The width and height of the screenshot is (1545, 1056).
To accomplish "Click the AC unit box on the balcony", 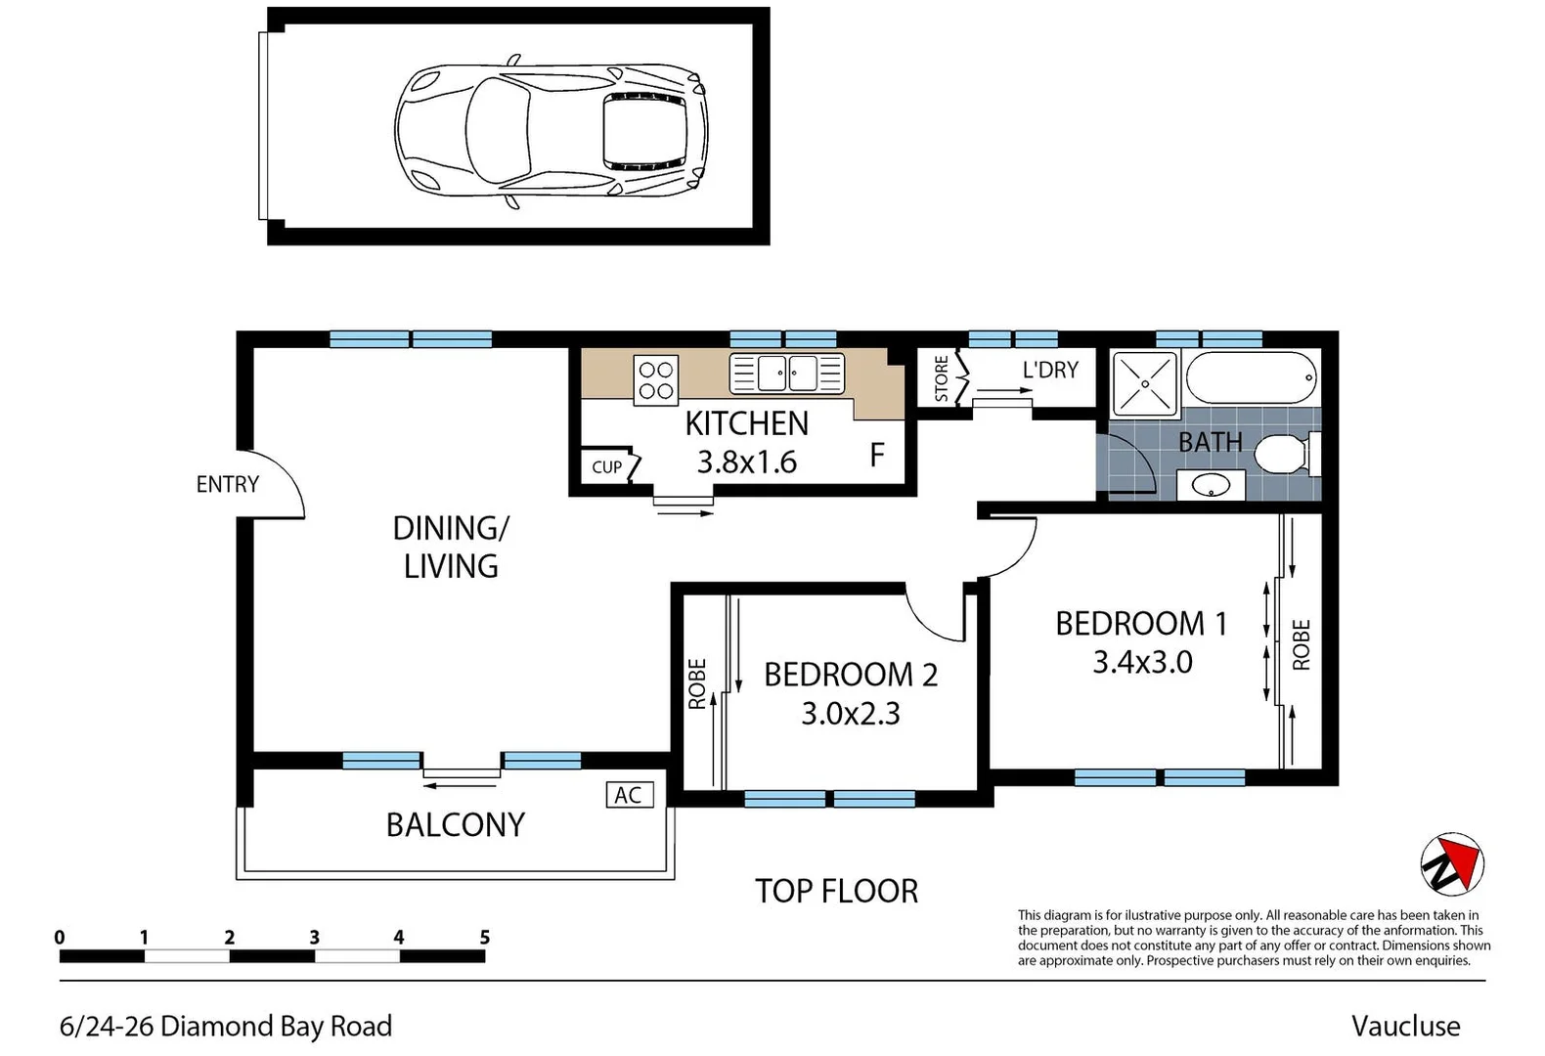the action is click(629, 795).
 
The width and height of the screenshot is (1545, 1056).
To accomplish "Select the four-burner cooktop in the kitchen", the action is click(655, 380).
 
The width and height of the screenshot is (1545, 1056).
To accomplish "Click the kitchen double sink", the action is click(786, 374).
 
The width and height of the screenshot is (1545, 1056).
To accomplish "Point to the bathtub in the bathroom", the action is click(1252, 377).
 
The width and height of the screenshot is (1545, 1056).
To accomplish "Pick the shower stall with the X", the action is click(1145, 383).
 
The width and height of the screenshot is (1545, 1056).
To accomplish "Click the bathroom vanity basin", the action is click(1211, 486).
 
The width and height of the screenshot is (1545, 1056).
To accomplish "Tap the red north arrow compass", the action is click(1452, 864).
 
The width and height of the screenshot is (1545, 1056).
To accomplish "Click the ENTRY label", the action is click(228, 484).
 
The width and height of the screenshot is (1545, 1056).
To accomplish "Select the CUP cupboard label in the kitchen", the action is click(607, 467).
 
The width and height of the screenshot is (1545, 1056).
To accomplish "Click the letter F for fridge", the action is click(877, 455).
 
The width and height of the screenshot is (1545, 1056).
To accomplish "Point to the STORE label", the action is click(941, 378).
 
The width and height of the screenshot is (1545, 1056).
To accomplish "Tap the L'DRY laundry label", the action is click(1050, 370).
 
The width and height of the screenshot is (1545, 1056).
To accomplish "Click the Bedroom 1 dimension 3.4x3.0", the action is click(1142, 662).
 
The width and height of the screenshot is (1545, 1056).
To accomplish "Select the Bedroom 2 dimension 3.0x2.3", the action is click(851, 714).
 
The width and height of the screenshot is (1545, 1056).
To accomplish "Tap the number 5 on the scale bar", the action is click(485, 938).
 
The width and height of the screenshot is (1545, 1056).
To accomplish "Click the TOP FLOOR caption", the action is click(837, 891).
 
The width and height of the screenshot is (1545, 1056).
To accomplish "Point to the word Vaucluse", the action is click(1406, 1027).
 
